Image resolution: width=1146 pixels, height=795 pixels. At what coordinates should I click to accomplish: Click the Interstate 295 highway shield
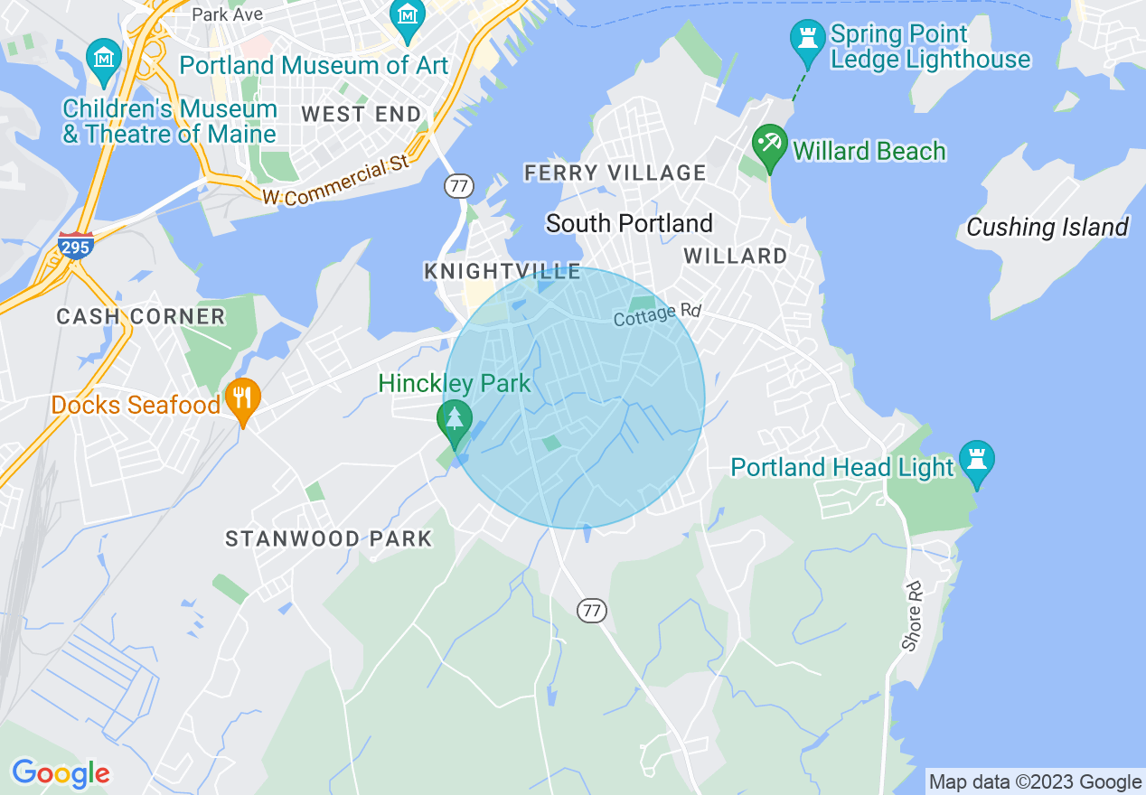76,245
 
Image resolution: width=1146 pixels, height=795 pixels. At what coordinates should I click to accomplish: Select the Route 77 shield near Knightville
459,186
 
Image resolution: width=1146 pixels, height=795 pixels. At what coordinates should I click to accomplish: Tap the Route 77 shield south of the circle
591,611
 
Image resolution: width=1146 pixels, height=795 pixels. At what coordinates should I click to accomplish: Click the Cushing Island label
1047,227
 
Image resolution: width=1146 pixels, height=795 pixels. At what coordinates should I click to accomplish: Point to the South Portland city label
629,223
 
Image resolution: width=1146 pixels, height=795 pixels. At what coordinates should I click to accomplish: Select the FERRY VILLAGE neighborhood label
615,173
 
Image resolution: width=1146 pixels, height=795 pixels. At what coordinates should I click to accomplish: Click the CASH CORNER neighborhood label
140,316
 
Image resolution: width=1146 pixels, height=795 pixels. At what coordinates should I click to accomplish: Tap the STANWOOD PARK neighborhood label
329,539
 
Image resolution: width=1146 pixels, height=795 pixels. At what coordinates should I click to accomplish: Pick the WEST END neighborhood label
362,114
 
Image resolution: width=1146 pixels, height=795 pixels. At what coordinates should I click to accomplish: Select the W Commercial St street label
336,181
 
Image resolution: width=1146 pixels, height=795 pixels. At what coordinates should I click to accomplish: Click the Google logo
61,773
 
